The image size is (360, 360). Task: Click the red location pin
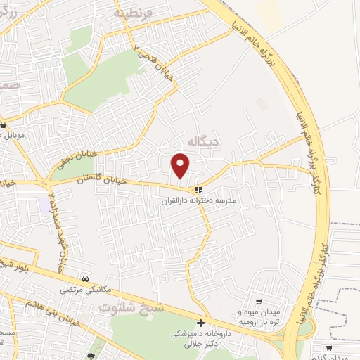pyautogui.click(x=181, y=165)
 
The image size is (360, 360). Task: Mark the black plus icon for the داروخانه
pyautogui.click(x=201, y=323)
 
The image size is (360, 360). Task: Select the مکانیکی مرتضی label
pyautogui.click(x=84, y=289)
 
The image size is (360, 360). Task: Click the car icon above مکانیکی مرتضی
pyautogui.click(x=84, y=278)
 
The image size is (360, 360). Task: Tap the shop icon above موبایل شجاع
pyautogui.click(x=4, y=124)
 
